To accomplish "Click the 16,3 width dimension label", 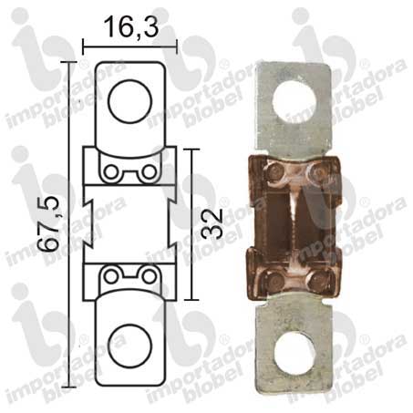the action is [x=131, y=27].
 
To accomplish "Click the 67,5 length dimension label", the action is [x=47, y=224].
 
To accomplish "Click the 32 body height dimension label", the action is [x=212, y=224].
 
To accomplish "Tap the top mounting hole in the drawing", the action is [x=130, y=101].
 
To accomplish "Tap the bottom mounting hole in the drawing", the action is [x=129, y=346].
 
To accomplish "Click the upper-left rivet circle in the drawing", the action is [x=111, y=172].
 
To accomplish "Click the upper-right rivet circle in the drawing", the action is [x=150, y=172].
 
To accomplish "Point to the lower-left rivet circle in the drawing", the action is [x=111, y=276].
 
